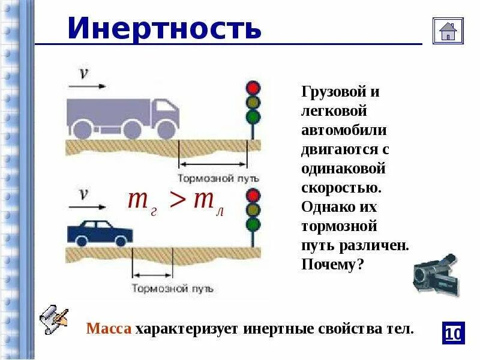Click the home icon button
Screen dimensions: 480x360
coord(448,31)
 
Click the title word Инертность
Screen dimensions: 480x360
coord(164,28)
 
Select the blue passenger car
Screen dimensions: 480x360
coord(99,232)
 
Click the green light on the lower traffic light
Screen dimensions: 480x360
coord(253,224)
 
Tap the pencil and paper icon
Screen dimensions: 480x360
coord(53,320)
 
